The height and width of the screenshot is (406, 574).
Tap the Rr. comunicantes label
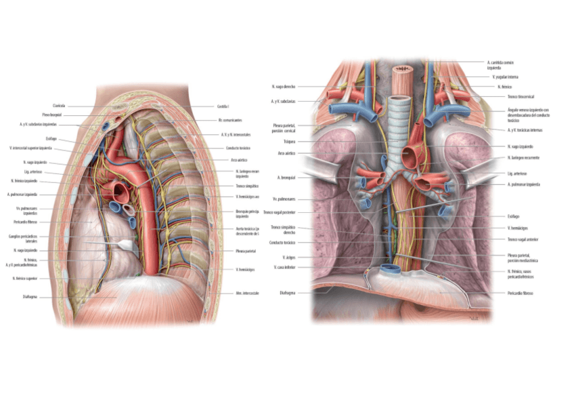[229, 120]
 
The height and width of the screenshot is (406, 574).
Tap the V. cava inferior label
[284, 267]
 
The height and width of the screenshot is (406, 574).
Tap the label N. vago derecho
[283, 87]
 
